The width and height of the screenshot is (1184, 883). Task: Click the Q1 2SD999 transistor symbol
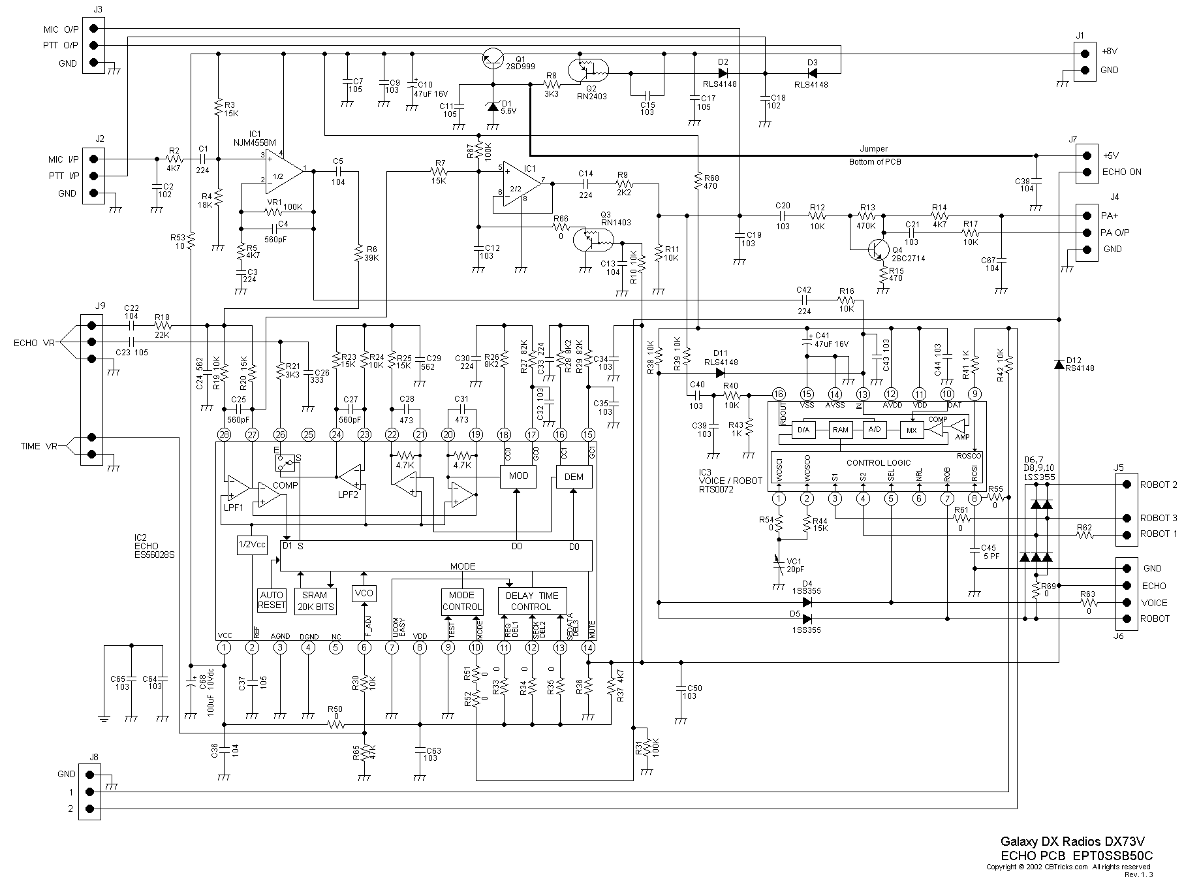pos(492,59)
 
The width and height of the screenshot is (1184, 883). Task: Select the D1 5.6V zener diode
pos(492,106)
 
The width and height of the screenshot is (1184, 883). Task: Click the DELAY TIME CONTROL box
pos(532,601)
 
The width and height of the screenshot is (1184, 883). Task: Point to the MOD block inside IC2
pos(518,475)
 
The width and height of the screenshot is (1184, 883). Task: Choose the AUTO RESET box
pos(272,600)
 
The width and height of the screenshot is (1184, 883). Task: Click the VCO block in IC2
pos(363,593)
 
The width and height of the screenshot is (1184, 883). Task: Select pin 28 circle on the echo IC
pos(224,434)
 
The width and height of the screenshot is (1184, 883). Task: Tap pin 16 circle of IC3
pos(778,394)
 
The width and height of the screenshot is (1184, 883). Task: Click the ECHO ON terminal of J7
pos(1087,172)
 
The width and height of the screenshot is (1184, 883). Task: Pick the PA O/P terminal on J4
pos(1087,233)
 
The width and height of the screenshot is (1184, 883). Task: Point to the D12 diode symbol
pos(1059,364)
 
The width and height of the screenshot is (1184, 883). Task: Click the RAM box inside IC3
pos(840,430)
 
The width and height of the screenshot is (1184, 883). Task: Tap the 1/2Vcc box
pos(252,545)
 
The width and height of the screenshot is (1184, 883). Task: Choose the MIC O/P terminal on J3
pos(95,28)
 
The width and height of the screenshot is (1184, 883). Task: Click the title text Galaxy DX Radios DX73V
pos(1076,841)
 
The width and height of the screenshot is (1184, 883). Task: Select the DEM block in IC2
pos(574,477)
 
